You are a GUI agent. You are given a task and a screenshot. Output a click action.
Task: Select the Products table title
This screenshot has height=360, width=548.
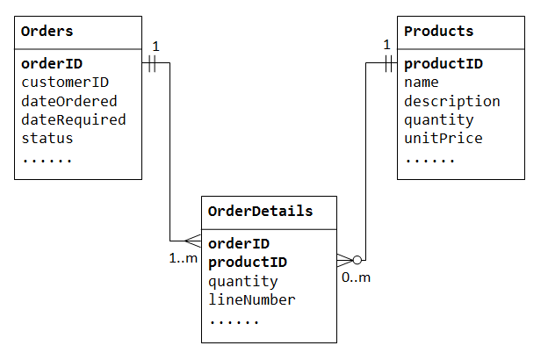[438, 32]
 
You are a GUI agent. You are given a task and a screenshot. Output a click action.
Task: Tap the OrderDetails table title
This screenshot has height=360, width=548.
[260, 212]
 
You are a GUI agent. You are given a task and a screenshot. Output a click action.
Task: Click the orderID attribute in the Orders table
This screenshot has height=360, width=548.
[51, 64]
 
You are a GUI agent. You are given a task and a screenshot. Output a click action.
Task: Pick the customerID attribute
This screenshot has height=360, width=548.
[64, 83]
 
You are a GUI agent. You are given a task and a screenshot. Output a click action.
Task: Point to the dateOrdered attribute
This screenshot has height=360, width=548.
[68, 101]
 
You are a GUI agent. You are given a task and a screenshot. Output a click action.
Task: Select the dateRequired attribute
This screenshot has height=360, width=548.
[73, 119]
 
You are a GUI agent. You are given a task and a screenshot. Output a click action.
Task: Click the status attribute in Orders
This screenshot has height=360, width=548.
[47, 138]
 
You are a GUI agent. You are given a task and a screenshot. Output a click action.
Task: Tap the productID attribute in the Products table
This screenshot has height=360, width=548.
[443, 64]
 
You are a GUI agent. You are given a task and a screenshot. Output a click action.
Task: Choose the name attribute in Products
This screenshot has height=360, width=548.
[422, 83]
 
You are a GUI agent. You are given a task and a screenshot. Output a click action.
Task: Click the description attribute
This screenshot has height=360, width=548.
[451, 101]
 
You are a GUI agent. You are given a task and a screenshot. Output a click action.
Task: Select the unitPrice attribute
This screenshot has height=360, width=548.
[443, 138]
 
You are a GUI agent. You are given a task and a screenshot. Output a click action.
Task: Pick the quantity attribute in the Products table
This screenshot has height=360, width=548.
[438, 119]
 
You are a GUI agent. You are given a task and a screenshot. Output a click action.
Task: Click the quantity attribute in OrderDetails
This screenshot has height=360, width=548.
[242, 281]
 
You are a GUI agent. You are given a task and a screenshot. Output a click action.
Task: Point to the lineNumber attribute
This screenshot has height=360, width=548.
[251, 299]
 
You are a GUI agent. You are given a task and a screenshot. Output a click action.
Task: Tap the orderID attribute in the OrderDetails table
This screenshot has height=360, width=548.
[238, 244]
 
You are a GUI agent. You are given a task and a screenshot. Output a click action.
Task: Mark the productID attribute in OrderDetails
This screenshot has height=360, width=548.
[247, 263]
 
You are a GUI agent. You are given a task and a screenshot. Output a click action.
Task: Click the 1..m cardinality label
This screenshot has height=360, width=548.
[184, 258]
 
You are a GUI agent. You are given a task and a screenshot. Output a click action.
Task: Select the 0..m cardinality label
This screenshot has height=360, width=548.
[356, 277]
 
